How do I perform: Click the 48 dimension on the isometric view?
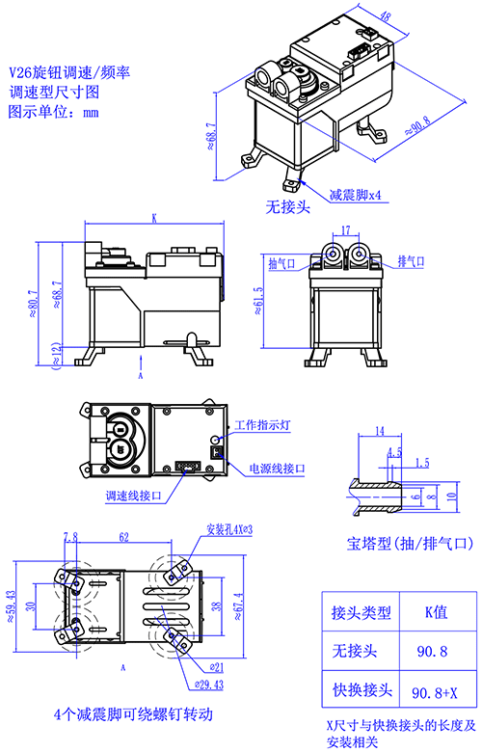click(x=385, y=15)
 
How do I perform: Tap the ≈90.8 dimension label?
click(x=418, y=125)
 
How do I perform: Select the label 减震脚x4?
click(x=355, y=195)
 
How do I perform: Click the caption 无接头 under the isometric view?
click(x=288, y=207)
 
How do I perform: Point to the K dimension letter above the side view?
click(x=154, y=218)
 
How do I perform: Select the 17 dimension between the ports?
click(x=345, y=230)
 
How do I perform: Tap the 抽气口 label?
click(x=281, y=263)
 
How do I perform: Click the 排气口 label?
click(x=411, y=261)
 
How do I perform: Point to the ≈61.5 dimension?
click(x=258, y=301)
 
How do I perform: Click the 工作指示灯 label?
click(x=262, y=425)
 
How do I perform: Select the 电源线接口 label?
click(x=277, y=469)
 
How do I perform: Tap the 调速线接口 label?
click(x=134, y=496)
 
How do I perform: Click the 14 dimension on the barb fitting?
click(x=380, y=431)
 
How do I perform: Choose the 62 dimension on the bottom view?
click(x=123, y=537)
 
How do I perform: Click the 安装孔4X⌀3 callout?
click(x=229, y=529)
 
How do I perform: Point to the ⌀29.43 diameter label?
click(x=209, y=685)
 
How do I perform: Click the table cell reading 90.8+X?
click(x=435, y=692)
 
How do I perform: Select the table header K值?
click(x=436, y=611)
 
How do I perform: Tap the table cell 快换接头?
click(x=362, y=689)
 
